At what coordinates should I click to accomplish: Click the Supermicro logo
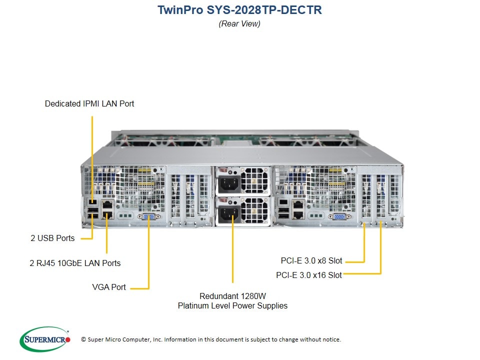click(45, 339)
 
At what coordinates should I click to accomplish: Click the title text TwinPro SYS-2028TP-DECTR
click(239, 10)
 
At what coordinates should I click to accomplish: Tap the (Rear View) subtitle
click(239, 23)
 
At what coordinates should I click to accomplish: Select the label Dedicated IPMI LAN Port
click(89, 104)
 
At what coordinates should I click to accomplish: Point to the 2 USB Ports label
click(52, 238)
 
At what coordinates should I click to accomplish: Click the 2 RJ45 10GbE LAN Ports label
click(75, 263)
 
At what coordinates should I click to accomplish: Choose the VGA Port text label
click(109, 287)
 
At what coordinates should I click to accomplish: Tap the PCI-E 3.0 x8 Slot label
click(311, 260)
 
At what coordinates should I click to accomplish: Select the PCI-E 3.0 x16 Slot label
click(309, 275)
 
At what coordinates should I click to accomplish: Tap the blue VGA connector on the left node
click(148, 216)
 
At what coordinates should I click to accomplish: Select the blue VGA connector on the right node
click(338, 216)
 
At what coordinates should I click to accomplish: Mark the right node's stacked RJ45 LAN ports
click(298, 208)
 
